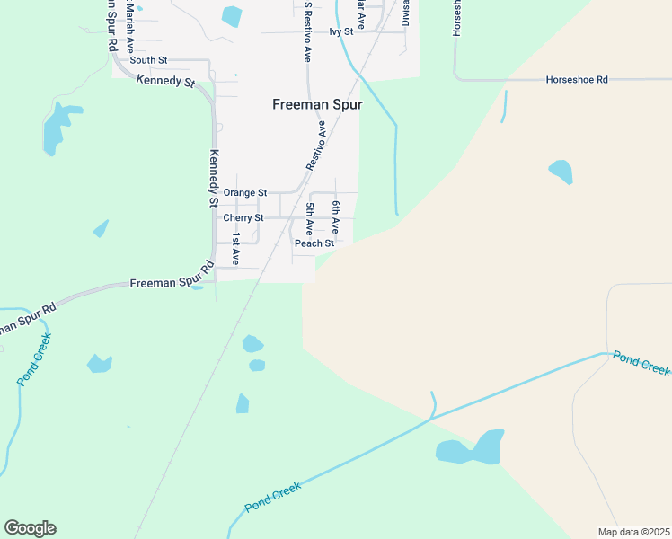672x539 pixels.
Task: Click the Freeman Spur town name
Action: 317,104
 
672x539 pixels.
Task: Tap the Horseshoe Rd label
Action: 577,80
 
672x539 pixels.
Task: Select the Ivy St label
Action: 340,31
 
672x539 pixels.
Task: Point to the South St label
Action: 148,60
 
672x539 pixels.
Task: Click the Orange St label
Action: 245,192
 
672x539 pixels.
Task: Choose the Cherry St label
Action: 243,217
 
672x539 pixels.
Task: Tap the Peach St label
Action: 314,243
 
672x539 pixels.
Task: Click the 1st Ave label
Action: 236,249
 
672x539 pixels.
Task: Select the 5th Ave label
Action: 309,218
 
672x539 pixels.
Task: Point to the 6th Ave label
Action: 334,218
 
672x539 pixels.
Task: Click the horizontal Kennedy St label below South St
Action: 165,81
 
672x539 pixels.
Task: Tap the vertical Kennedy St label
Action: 214,178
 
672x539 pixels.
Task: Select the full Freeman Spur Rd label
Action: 171,283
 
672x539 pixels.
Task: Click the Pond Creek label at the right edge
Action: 641,365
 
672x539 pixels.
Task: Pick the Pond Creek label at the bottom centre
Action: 272,496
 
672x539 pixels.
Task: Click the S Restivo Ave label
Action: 307,31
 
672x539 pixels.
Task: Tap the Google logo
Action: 30,528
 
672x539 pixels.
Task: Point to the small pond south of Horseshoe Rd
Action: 561,171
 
